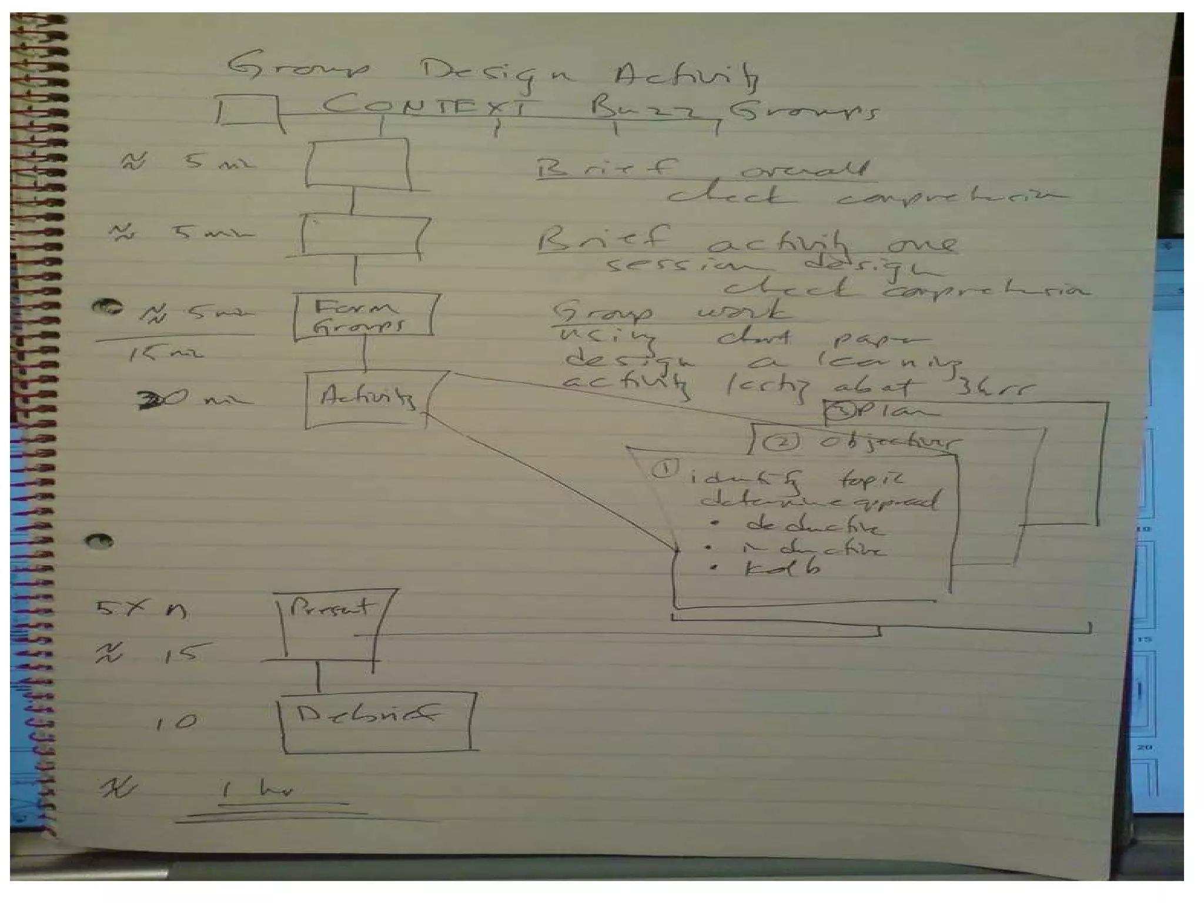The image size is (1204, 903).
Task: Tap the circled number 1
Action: [x=664, y=469]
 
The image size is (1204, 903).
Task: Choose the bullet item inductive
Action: [x=812, y=549]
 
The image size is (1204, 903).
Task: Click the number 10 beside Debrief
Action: [x=176, y=722]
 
